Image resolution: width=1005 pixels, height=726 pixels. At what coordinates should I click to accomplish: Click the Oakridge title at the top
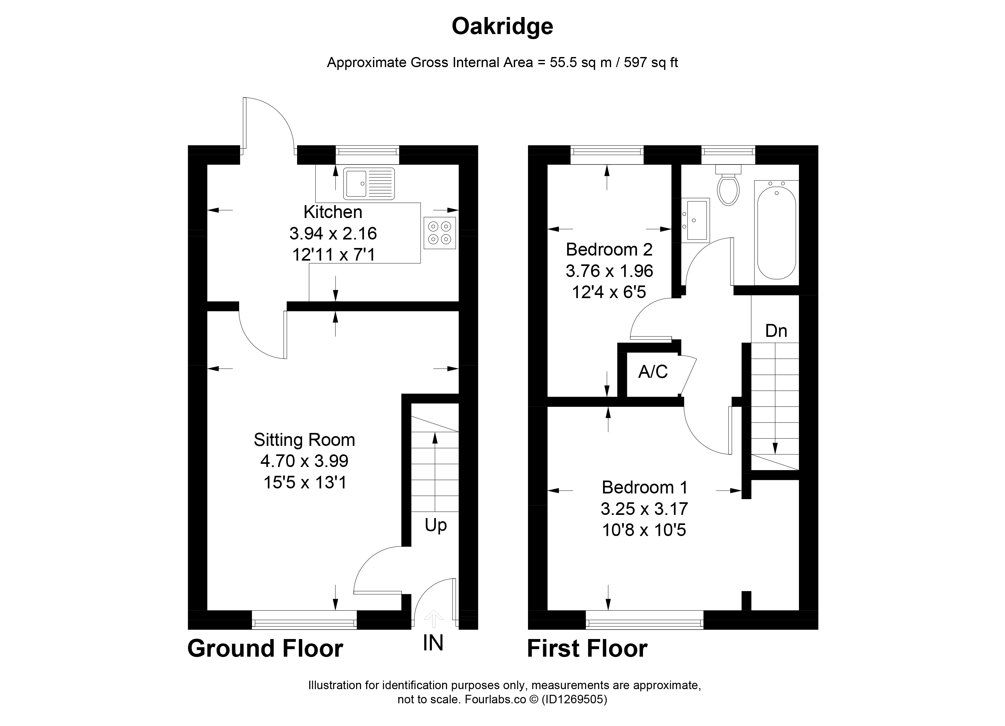502,26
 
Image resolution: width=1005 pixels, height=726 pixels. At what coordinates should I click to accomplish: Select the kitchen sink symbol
369,183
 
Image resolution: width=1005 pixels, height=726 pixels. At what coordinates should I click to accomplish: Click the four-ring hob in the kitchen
439,233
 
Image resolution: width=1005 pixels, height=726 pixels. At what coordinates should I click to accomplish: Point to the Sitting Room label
304,440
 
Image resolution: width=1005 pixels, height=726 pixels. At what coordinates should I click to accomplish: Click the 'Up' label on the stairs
436,526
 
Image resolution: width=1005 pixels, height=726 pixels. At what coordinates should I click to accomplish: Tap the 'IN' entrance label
433,643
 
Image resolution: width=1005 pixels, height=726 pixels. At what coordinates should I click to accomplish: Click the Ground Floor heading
265,649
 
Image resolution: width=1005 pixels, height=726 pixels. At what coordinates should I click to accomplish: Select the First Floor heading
587,649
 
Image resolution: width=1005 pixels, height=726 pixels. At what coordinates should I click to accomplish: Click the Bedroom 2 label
609,250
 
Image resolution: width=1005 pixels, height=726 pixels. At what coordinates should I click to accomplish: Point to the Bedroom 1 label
644,487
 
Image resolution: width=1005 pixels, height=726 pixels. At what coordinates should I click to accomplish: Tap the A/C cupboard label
653,372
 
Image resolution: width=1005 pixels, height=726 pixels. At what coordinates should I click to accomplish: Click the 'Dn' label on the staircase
776,331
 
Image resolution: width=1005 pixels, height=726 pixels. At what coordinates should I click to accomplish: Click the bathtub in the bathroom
776,230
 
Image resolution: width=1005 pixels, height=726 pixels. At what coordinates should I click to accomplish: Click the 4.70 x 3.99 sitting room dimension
304,461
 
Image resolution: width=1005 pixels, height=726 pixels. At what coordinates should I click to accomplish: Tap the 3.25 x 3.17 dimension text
644,509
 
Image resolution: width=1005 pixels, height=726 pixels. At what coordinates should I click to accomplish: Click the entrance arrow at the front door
434,619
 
